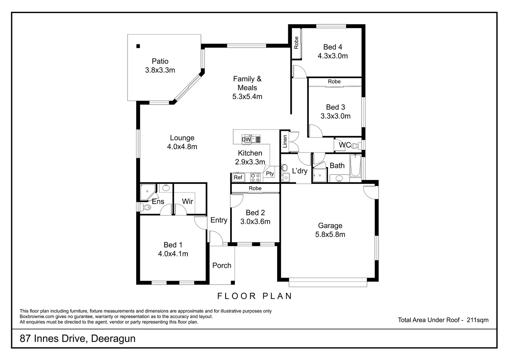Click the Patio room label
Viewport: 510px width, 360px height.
[160, 61]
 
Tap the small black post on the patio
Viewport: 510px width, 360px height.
[138, 46]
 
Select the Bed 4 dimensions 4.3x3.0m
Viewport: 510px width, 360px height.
[333, 56]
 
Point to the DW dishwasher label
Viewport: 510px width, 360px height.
[246, 139]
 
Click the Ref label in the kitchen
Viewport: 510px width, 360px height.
[238, 178]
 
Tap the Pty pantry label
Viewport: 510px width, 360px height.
[270, 174]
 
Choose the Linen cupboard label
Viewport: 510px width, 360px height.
[285, 141]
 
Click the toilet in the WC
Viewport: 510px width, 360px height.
[354, 146]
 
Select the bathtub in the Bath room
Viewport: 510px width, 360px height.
[355, 166]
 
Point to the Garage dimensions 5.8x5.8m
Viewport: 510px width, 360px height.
[330, 235]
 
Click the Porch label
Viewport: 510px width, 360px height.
[222, 265]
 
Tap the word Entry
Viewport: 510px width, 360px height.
[219, 220]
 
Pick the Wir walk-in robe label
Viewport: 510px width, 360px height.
[187, 201]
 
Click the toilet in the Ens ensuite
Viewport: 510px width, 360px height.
[147, 208]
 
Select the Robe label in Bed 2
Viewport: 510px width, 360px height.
[255, 188]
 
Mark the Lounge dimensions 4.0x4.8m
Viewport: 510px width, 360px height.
[182, 147]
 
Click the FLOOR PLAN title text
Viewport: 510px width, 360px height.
[255, 296]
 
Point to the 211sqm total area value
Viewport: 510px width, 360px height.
[477, 320]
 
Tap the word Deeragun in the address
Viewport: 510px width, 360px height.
[113, 339]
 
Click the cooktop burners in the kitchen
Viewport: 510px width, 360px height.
[256, 178]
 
